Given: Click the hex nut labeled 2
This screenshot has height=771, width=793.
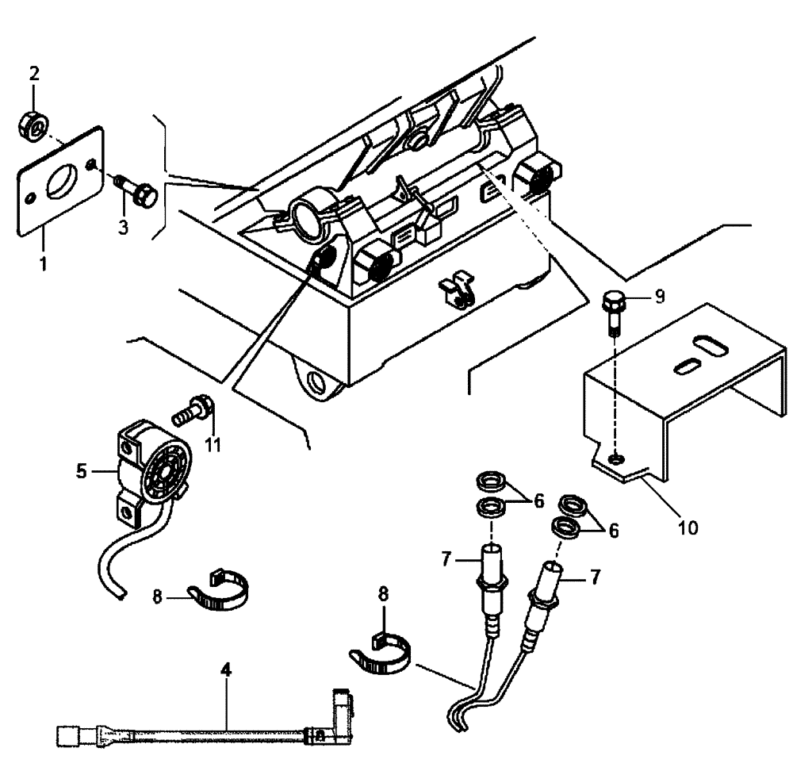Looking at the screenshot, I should click(33, 124).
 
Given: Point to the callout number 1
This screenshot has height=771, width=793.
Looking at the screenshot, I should click(43, 260).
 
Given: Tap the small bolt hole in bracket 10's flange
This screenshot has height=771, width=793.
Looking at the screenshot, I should click(616, 457).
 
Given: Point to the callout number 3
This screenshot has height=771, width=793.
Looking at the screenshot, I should click(123, 228).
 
